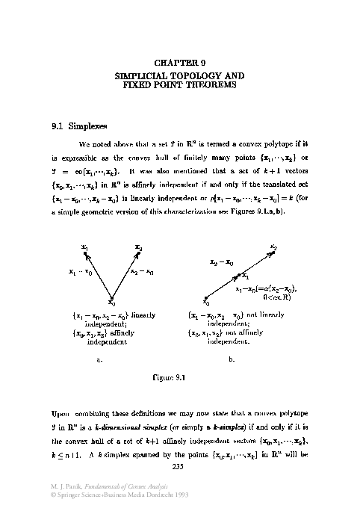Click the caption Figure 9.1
179,377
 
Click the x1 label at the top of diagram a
85,247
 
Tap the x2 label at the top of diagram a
139,247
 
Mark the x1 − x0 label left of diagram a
80,273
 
